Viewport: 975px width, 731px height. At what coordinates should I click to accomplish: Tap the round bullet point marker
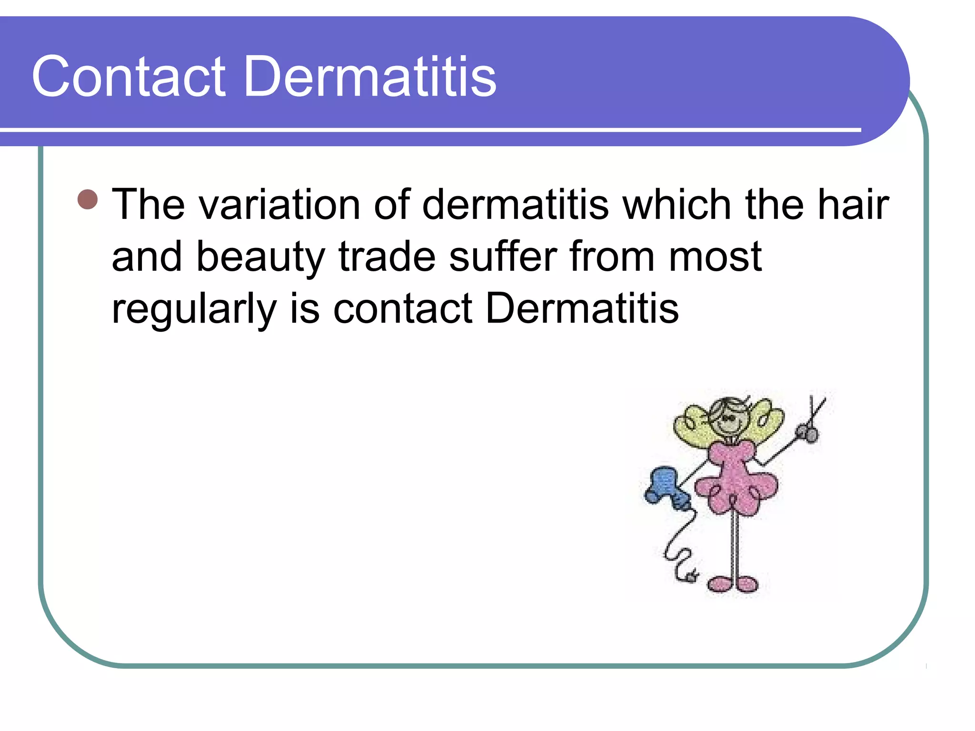tap(88, 199)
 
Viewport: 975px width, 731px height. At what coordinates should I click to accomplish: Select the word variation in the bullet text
tap(279, 205)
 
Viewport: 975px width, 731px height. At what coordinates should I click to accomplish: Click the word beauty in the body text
tap(260, 257)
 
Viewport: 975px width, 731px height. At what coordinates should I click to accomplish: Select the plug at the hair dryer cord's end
tap(691, 576)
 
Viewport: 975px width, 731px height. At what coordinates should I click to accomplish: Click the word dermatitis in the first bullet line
tap(515, 205)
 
